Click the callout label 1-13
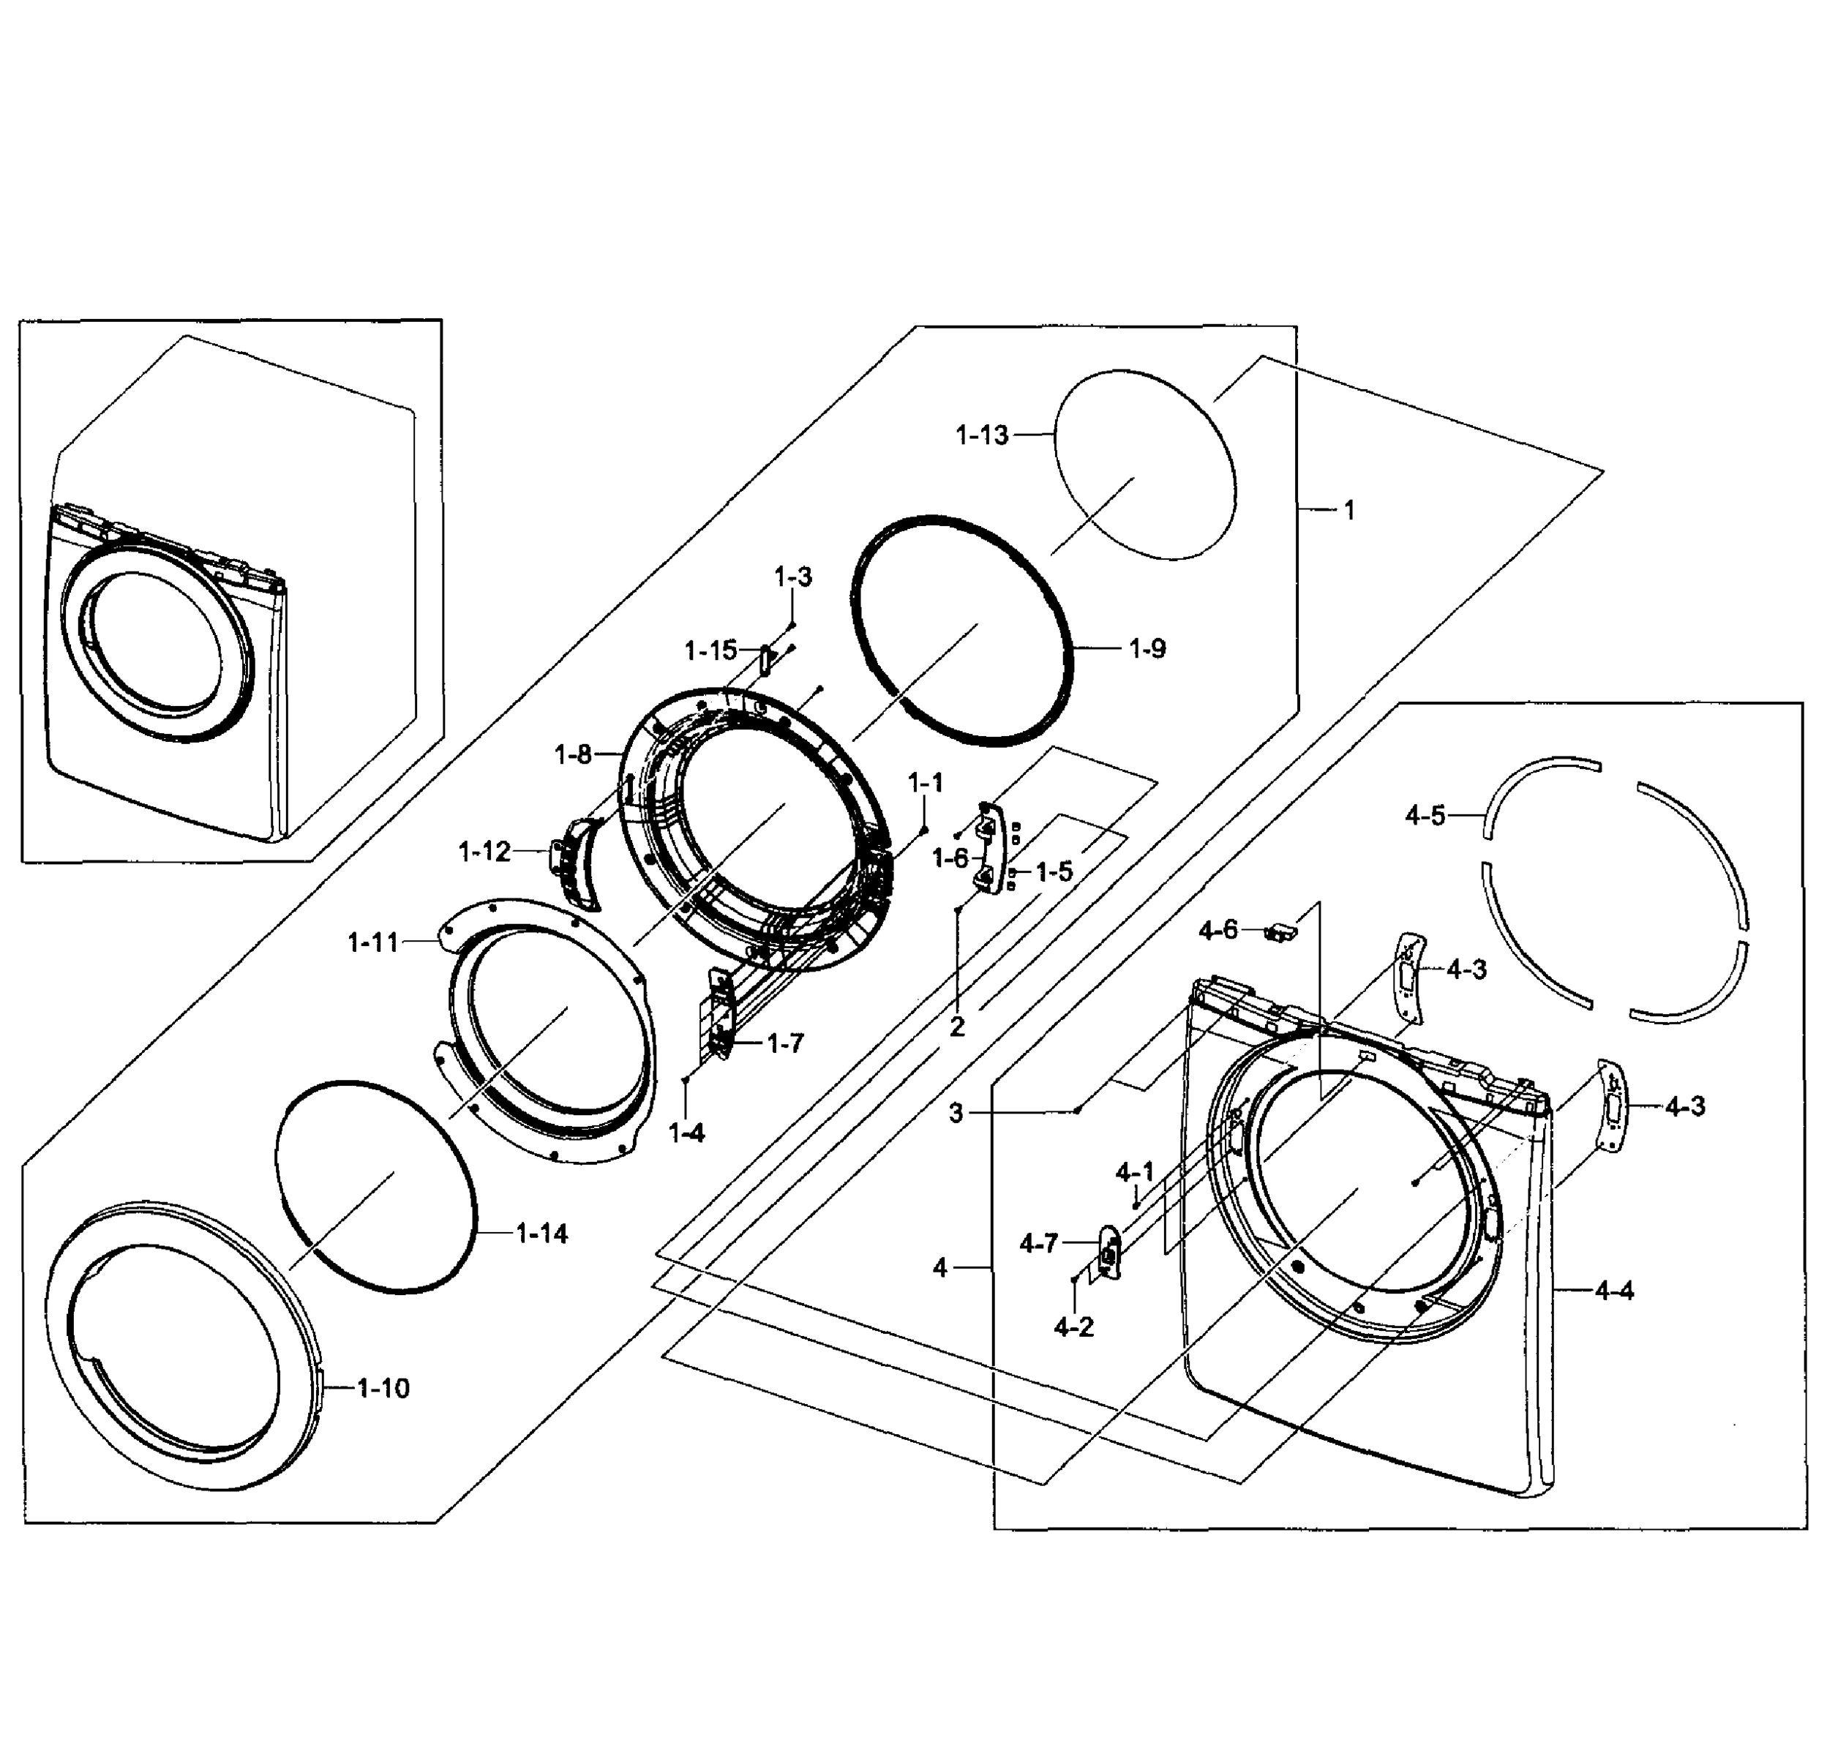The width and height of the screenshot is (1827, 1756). point(982,435)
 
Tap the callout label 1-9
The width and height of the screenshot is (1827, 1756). point(1147,649)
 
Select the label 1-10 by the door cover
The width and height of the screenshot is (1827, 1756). point(383,1389)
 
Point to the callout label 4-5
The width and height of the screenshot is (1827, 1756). point(1425,816)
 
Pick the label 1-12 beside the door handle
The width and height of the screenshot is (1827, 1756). point(484,851)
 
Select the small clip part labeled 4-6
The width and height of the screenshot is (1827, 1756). point(1282,931)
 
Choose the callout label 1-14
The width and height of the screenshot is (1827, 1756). point(541,1234)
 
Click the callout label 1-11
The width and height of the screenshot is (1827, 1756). point(373,943)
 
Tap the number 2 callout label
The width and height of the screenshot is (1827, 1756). point(956,1027)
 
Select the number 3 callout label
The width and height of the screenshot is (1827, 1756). point(956,1113)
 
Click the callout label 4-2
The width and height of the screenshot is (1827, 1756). point(1073,1327)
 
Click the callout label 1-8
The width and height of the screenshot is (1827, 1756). point(572,754)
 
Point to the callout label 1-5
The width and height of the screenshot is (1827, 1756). point(1054,871)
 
